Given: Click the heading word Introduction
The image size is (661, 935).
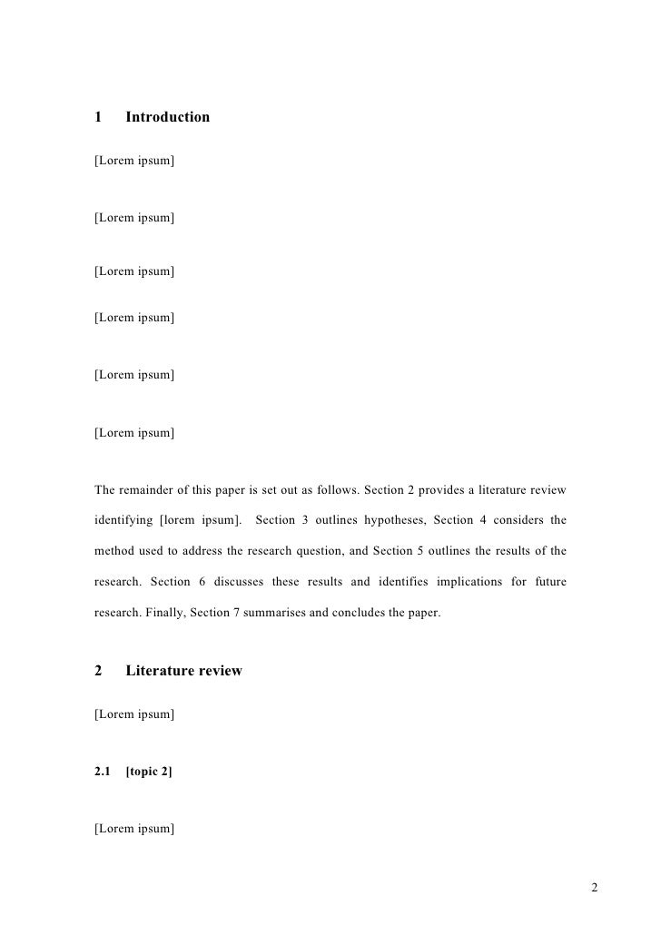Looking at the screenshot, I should pos(167,117).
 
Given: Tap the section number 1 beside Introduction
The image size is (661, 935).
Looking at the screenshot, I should pos(98,117).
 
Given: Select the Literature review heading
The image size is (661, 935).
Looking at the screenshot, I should pos(183,671).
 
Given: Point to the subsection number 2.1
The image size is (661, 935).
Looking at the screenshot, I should pos(103,772).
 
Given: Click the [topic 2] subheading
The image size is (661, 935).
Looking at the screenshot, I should pos(149,772).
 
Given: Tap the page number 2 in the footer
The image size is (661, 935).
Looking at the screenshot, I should pos(594,887).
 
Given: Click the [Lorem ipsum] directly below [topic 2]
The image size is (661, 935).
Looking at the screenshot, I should pos(134,829).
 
